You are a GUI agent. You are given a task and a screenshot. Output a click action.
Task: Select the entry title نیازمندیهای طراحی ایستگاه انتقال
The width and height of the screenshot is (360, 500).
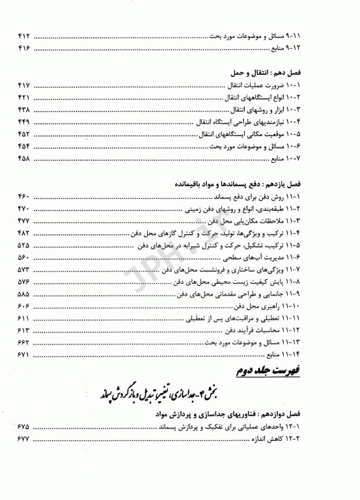(283, 122)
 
